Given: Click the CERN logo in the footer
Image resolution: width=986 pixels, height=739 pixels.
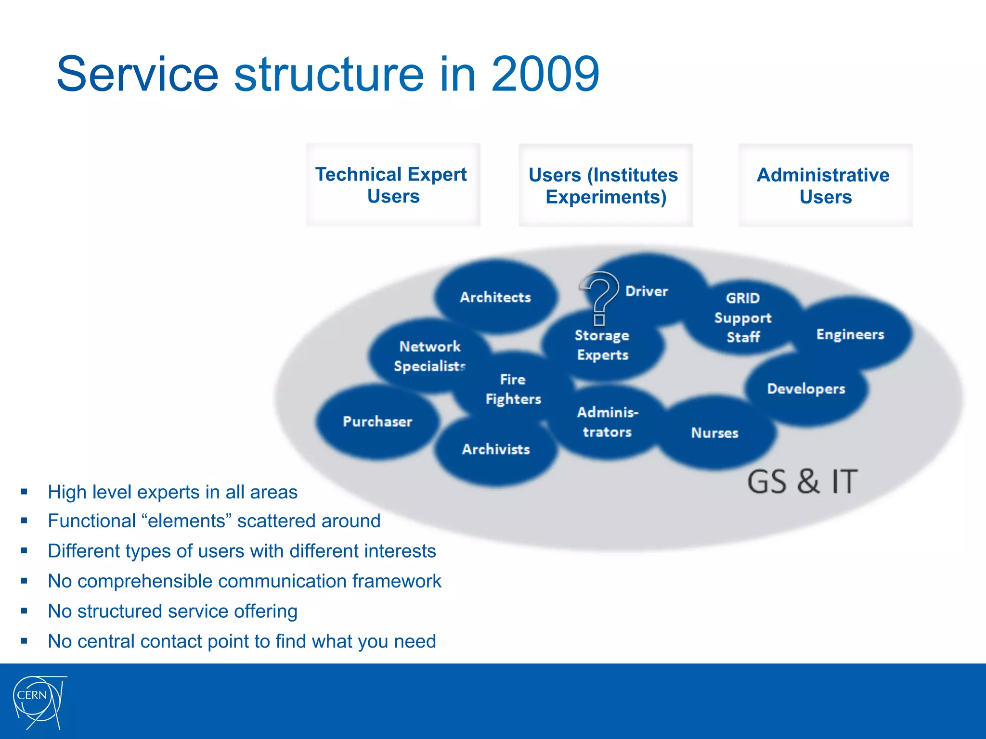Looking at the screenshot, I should coord(39,701).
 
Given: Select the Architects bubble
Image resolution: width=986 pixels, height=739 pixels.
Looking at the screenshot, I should coord(495,297).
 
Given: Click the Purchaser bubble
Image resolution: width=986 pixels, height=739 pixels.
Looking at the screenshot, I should coord(377,421).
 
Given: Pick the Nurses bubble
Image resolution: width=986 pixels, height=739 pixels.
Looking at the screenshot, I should coord(714,433).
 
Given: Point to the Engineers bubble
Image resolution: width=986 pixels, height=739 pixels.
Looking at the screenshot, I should coord(850,334).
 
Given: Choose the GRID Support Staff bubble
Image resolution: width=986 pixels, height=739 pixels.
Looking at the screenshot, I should coord(743,318).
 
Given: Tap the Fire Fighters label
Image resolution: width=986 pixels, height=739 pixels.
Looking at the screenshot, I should coord(513,389).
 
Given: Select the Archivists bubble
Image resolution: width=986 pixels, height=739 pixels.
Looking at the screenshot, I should coord(496,449).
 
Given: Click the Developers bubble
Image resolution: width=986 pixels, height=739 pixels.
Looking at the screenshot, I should coord(806,389).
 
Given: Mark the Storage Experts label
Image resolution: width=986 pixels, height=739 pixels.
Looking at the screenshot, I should coord(602,345).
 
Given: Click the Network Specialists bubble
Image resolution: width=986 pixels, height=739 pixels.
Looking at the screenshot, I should coord(429,356).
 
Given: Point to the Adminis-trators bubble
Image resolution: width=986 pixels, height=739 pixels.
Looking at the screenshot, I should coord(607,422).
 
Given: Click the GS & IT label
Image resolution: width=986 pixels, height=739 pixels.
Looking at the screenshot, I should coord(802,481).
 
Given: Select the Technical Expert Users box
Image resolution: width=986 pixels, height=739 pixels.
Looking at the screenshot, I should coord(393,185).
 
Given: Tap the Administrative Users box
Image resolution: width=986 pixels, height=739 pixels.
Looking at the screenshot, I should coord(825,186).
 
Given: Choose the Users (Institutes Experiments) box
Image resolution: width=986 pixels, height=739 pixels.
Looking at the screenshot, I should coord(605,186).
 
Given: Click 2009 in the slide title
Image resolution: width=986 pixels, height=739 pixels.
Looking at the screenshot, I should coord(545,74).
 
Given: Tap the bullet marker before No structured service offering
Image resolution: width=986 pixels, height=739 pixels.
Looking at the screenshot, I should coord(24,611).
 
